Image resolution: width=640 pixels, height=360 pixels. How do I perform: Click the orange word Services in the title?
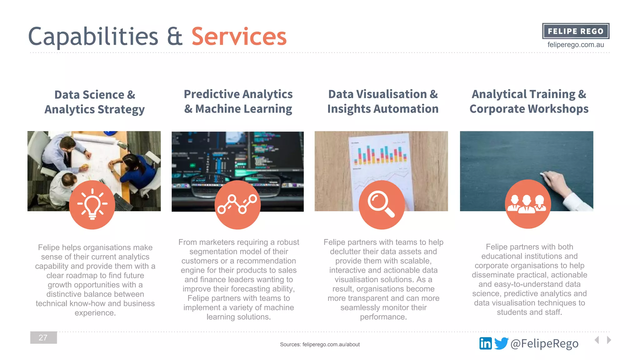[239, 37]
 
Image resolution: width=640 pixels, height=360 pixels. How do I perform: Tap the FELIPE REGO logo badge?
[576, 31]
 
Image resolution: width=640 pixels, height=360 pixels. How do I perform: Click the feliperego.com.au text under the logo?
[576, 45]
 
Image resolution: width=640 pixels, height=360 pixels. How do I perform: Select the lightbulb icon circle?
[92, 205]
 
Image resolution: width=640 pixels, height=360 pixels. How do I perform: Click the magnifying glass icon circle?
[382, 205]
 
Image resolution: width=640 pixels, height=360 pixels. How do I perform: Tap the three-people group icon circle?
[527, 204]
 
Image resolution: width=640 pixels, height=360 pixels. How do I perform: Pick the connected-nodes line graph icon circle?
[237, 205]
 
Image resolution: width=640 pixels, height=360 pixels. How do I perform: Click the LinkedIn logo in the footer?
[485, 343]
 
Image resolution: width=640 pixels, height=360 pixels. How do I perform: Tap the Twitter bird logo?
[501, 343]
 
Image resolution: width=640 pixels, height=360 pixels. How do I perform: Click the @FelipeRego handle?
[544, 343]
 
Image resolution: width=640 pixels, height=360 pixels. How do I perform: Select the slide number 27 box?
[43, 337]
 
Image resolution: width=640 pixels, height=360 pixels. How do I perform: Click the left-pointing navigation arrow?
[597, 340]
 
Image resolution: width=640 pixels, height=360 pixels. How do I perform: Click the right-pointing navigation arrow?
[609, 340]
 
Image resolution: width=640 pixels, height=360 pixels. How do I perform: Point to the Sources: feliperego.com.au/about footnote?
[320, 344]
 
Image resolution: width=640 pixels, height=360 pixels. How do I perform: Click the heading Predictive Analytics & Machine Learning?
[238, 101]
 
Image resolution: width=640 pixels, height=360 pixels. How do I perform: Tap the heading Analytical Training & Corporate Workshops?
[529, 101]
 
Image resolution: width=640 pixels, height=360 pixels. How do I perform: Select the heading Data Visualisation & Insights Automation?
[383, 101]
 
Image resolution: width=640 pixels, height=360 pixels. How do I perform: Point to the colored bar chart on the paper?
[380, 155]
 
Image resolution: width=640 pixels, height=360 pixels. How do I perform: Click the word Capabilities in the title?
[93, 37]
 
